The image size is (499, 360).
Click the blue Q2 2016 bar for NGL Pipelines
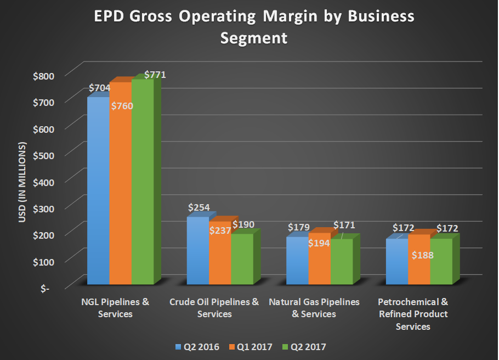[98, 192]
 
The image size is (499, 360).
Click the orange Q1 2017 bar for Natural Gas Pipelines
[319, 263]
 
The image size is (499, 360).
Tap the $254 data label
[199, 208]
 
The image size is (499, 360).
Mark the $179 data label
[298, 227]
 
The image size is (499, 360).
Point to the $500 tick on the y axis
[44, 154]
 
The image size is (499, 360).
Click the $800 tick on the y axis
[44, 75]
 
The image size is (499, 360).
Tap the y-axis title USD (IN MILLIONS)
[22, 182]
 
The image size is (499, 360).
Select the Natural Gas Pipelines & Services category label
[314, 308]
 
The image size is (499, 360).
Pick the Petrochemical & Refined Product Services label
[413, 314]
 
